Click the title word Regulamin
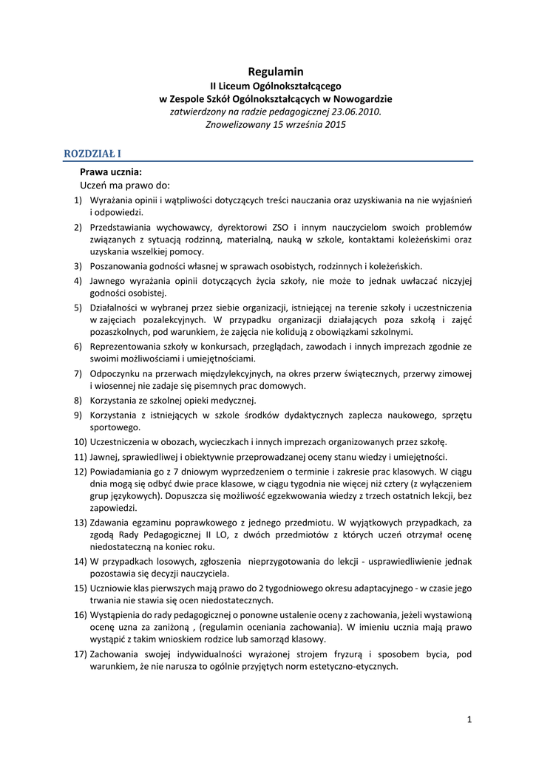click(x=276, y=72)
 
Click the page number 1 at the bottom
click(x=469, y=719)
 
